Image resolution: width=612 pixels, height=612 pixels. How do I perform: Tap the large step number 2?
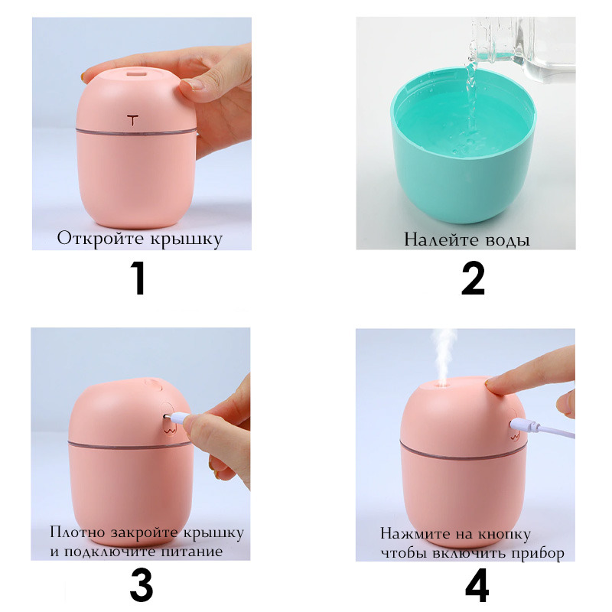point(473,278)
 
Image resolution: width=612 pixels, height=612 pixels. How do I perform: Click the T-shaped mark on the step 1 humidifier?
point(132,119)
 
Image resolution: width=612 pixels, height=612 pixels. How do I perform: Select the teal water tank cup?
point(464,145)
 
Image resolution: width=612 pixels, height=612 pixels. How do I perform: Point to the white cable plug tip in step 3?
point(168,417)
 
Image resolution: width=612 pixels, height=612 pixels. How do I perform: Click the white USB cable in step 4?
point(542,428)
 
